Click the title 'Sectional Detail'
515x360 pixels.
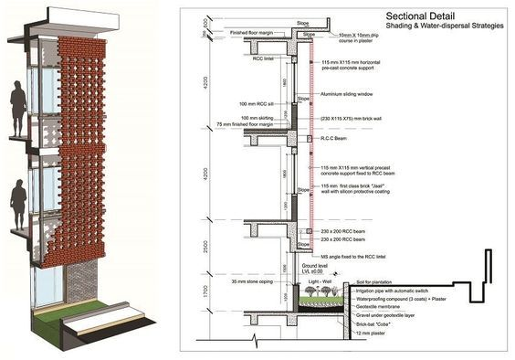(417, 16)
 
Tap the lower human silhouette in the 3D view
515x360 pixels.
(17, 206)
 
